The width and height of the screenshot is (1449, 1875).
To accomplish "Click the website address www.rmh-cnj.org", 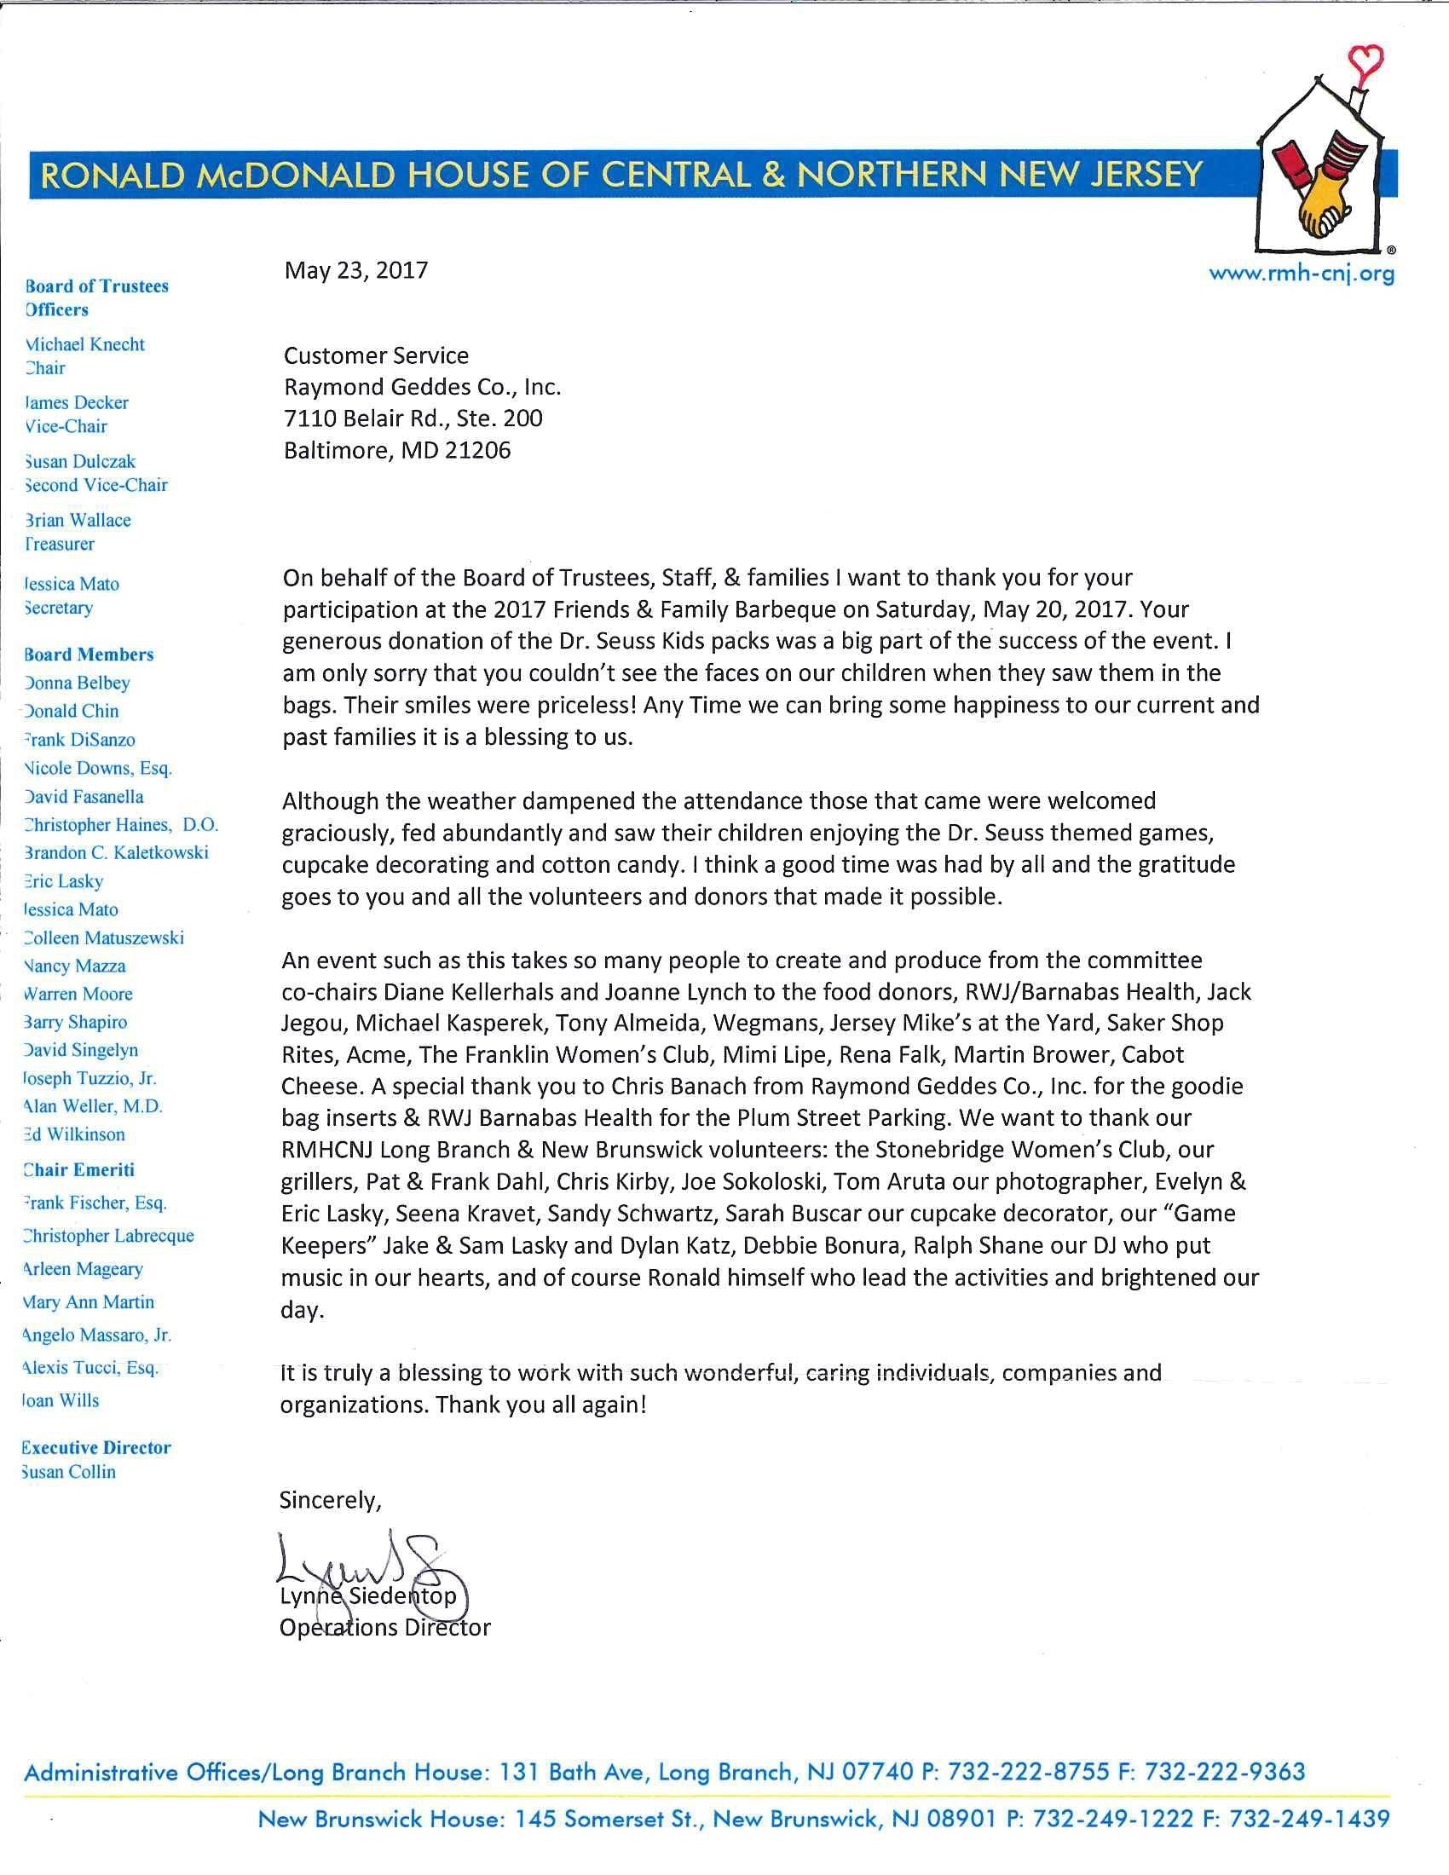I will tap(1302, 274).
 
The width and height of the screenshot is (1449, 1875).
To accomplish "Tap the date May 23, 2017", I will tap(356, 270).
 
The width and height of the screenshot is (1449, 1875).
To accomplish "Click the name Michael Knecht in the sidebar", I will tap(85, 344).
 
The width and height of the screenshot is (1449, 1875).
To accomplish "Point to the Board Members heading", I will tap(89, 655).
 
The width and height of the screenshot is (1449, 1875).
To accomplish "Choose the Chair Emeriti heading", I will tap(79, 1170).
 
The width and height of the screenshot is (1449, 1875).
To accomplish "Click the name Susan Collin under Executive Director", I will tap(70, 1472).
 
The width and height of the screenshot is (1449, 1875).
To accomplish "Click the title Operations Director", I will tap(384, 1627).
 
